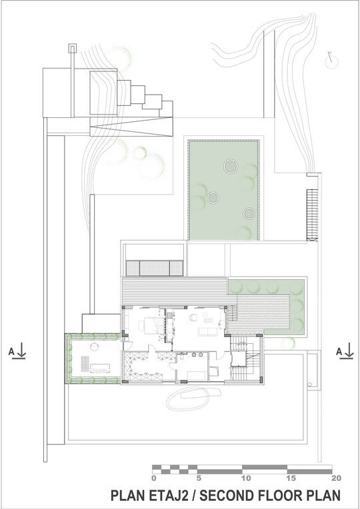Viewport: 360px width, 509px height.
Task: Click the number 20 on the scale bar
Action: (336, 478)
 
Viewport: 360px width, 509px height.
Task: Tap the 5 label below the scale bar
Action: (199, 478)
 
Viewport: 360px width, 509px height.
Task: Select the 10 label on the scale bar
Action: (246, 478)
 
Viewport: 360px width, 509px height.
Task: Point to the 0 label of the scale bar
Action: (154, 478)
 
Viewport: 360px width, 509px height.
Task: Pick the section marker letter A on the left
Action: (11, 351)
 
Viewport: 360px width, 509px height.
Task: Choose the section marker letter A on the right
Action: (339, 351)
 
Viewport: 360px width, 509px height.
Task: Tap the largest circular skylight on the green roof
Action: (231, 167)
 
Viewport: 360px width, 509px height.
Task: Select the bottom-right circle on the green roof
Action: (249, 213)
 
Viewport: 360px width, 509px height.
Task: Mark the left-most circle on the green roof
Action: (213, 197)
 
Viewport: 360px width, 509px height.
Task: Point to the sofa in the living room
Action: (208, 331)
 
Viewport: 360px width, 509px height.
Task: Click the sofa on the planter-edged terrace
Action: (101, 368)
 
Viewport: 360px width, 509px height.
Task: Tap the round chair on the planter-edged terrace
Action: (94, 346)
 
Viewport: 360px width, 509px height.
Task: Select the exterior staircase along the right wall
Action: (312, 215)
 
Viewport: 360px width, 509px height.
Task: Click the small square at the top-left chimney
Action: (72, 49)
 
